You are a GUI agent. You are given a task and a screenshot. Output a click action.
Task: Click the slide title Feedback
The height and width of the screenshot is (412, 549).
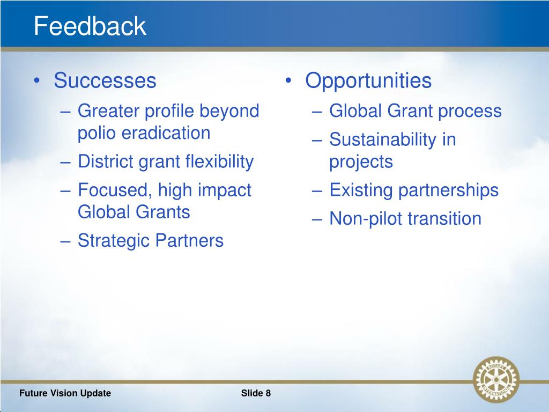point(90,26)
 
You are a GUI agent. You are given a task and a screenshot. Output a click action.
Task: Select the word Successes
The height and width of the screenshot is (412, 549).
point(105,80)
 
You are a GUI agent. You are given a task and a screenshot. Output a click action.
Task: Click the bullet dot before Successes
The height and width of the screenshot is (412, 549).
point(37,81)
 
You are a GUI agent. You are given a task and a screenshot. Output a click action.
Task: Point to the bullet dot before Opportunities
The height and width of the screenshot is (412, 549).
point(288,81)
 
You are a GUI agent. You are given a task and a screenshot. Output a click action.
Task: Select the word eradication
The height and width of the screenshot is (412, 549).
point(166,133)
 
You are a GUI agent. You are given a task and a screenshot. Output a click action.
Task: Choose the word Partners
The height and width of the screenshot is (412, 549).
point(189,241)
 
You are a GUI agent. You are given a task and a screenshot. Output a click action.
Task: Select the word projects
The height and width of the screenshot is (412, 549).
point(361,163)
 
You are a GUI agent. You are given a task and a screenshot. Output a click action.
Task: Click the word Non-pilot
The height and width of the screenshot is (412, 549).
point(366,219)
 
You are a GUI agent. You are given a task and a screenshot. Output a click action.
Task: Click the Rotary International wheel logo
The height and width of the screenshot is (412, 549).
point(496,379)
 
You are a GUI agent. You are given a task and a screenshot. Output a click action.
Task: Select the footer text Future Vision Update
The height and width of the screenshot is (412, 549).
point(65,393)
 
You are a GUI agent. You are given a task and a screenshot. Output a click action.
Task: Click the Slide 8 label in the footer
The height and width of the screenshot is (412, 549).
point(256,393)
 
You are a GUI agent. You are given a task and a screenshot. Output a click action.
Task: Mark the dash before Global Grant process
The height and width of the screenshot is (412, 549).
point(317,112)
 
